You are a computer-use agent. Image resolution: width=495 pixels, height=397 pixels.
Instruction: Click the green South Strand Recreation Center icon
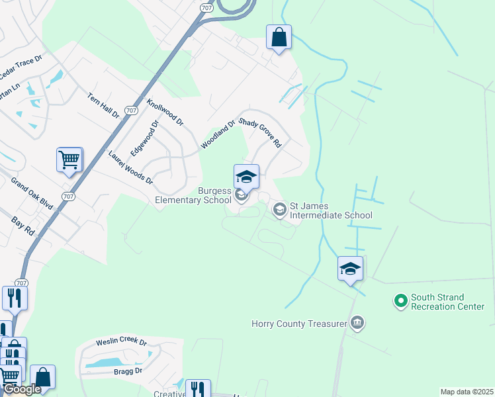coord(400,302)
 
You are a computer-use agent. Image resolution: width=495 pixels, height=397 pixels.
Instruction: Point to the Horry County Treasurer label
coord(299,324)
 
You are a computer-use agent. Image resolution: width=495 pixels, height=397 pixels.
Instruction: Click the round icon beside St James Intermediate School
coord(279,210)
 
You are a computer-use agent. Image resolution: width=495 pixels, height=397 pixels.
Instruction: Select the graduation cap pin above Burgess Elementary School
coord(246,177)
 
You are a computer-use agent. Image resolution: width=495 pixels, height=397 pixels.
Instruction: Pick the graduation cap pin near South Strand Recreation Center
coord(350,269)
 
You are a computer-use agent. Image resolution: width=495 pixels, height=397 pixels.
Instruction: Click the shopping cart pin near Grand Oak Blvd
coord(69,159)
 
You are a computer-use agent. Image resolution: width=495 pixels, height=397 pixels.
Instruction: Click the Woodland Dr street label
coord(218,134)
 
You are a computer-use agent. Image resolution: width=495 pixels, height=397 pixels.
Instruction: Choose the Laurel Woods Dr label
coord(131,168)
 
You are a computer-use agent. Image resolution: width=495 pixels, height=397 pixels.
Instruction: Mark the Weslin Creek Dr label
coord(121,341)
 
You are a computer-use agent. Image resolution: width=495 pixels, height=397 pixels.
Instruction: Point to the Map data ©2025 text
coord(466,392)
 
